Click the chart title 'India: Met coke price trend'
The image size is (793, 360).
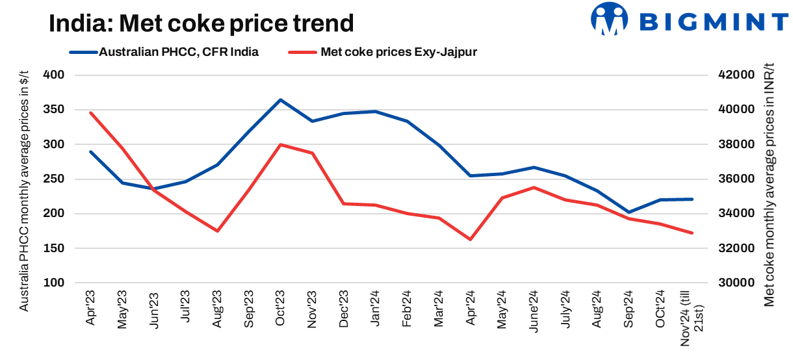(201, 24)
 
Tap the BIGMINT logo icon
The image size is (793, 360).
(609, 19)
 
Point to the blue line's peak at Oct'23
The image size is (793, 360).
(280, 100)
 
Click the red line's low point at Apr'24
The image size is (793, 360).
(470, 239)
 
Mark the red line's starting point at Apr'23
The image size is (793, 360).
(91, 113)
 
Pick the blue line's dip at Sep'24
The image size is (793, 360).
(628, 212)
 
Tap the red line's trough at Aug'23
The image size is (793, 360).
(217, 231)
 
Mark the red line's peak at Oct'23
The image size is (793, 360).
(280, 144)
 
